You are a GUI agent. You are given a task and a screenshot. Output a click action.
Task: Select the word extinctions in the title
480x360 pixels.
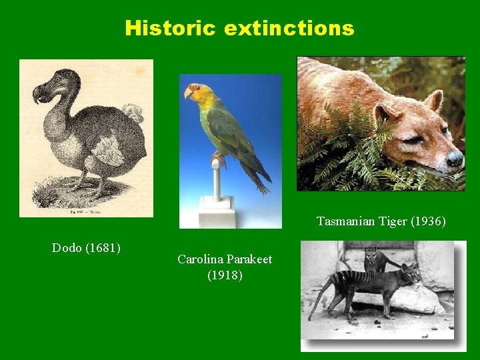tap(289, 28)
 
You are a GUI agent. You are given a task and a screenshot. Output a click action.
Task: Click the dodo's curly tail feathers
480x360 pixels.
tap(134, 113)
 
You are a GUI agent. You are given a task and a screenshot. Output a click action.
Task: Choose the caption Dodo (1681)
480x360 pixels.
tap(86, 248)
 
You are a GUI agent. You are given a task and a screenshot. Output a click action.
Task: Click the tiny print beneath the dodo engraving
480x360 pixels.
tap(85, 211)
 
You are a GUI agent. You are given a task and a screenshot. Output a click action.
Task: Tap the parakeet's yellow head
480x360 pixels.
tap(201, 95)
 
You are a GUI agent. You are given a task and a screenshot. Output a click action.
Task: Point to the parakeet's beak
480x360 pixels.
tap(189, 94)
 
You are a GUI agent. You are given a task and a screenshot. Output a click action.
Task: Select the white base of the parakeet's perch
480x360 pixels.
tap(217, 212)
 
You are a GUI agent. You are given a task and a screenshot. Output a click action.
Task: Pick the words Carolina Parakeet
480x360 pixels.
tap(225, 259)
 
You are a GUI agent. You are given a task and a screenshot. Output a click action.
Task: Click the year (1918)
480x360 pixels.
tap(225, 275)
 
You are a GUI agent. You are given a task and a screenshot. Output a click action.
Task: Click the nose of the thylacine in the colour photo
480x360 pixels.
tap(455, 159)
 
